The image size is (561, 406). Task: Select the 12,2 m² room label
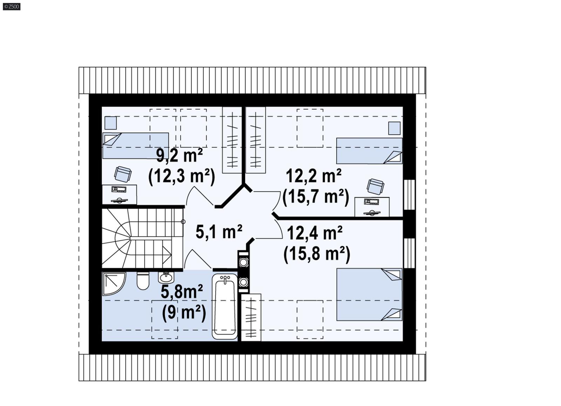tap(313, 175)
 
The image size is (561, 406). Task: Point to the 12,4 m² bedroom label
tap(315, 232)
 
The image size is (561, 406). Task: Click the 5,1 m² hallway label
tap(219, 232)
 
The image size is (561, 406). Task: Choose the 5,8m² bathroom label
tap(182, 291)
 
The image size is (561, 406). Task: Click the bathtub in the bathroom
tap(225, 307)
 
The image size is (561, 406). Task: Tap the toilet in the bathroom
tap(143, 280)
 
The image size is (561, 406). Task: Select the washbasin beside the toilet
tap(165, 277)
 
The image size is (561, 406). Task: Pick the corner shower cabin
tap(113, 283)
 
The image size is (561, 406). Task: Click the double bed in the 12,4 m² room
tap(369, 295)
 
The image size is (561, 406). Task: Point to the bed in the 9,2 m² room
tap(135, 146)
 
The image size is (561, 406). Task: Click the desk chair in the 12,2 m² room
tap(375, 186)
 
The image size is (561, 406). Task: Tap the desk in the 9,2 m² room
tap(119, 195)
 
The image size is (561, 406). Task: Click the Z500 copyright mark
tap(12, 6)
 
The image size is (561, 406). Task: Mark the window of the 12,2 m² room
tap(409, 195)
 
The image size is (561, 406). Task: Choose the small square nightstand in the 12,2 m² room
tap(394, 128)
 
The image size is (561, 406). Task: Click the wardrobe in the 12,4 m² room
tap(251, 317)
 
